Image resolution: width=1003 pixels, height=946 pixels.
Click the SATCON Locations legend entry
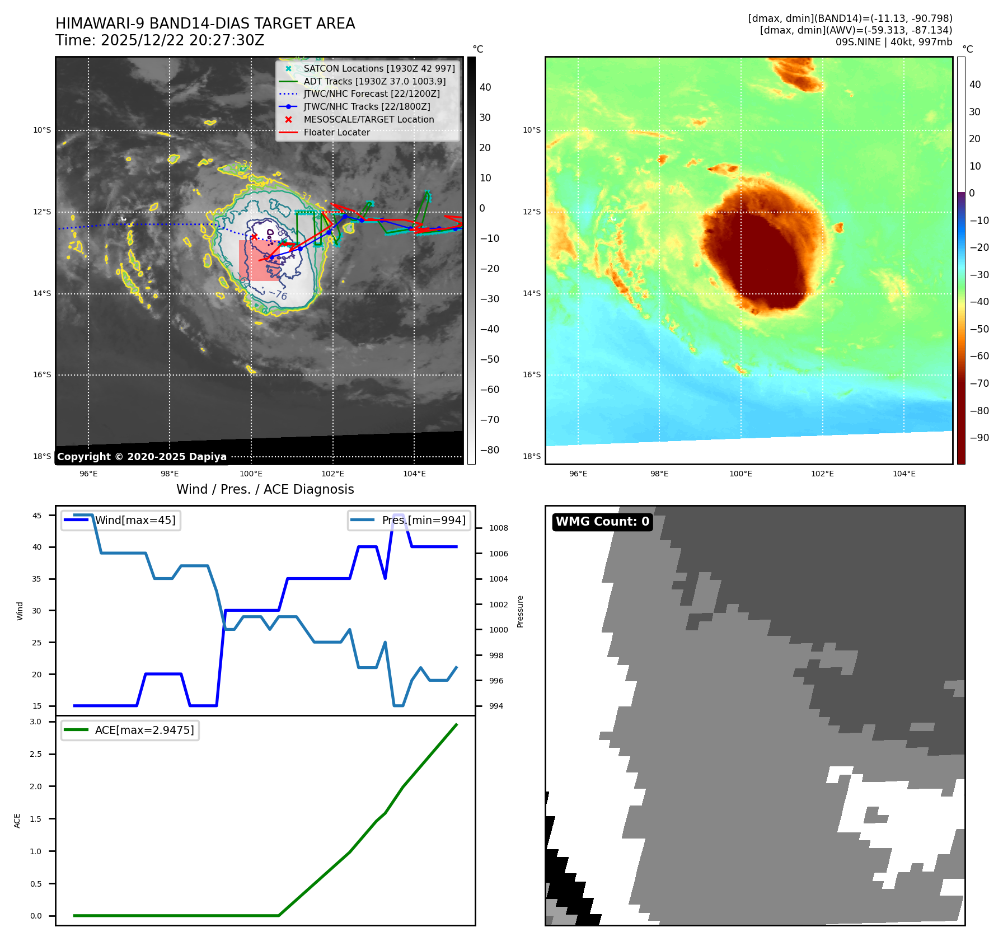(x=379, y=68)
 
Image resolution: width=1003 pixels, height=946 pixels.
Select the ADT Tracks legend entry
(x=374, y=81)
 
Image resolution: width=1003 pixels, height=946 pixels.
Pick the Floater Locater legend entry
(x=336, y=132)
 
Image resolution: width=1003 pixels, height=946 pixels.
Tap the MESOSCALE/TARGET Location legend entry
(x=368, y=119)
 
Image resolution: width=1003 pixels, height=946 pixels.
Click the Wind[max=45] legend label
(x=135, y=520)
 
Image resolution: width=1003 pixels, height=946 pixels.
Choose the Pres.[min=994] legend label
(x=423, y=520)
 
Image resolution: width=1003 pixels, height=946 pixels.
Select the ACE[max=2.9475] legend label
(x=144, y=730)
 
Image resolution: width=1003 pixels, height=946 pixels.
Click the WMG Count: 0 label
(x=602, y=522)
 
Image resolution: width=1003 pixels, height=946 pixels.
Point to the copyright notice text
(x=142, y=457)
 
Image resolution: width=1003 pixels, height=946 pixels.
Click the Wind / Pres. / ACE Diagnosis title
(x=265, y=489)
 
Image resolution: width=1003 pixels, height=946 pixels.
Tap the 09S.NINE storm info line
(x=893, y=42)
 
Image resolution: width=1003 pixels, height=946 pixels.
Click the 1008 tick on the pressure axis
(x=498, y=528)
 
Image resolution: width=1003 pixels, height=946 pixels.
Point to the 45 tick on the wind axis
(x=37, y=516)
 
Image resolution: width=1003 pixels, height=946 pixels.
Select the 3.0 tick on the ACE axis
(x=36, y=722)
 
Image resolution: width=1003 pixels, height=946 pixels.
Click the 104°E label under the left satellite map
(x=414, y=474)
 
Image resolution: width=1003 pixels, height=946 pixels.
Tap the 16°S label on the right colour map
(x=532, y=374)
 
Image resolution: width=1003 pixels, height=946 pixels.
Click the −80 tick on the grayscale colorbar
(x=490, y=450)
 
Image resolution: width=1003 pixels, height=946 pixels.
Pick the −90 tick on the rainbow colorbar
(x=979, y=438)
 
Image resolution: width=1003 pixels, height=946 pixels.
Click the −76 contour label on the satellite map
(x=278, y=294)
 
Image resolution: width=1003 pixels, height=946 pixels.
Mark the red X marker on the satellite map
(x=254, y=237)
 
